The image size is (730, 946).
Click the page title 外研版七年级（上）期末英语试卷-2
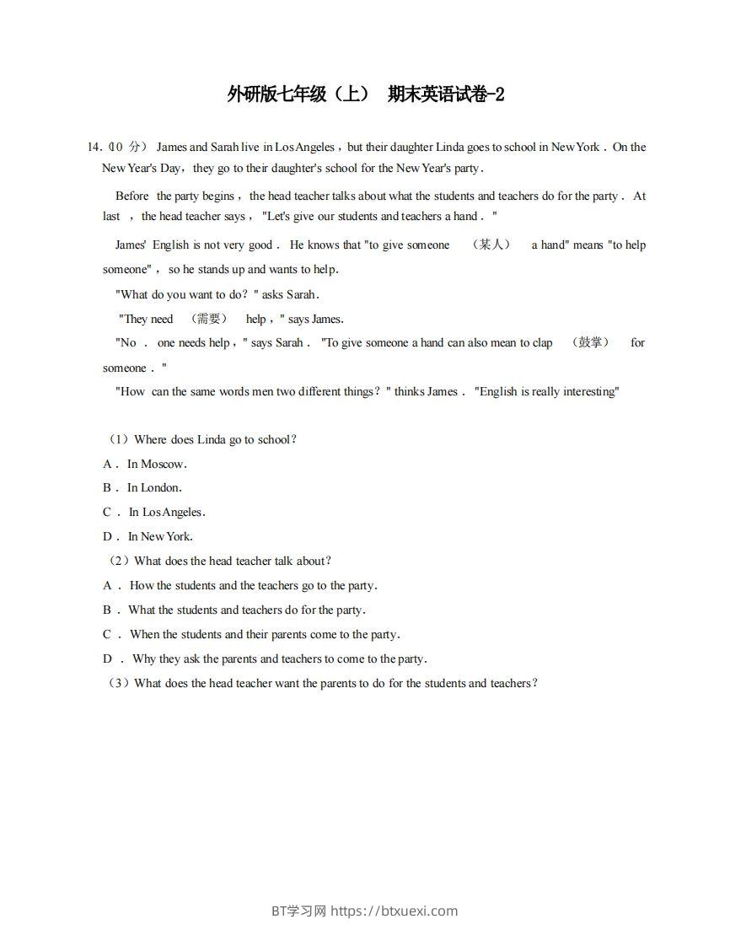click(x=365, y=94)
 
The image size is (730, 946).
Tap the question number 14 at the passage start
click(x=94, y=148)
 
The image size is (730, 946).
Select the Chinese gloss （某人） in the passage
click(x=491, y=245)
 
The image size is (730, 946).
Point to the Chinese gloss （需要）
click(x=209, y=319)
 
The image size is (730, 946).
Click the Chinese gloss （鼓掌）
click(x=590, y=342)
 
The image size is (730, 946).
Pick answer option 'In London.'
click(x=154, y=487)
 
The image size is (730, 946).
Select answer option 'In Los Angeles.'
click(x=167, y=512)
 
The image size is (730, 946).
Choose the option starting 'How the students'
click(x=253, y=585)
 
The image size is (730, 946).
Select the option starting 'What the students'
click(x=246, y=610)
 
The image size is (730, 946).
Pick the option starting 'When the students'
click(x=265, y=634)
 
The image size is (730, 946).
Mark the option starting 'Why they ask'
click(x=279, y=658)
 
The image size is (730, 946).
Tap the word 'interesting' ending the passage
click(x=588, y=391)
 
